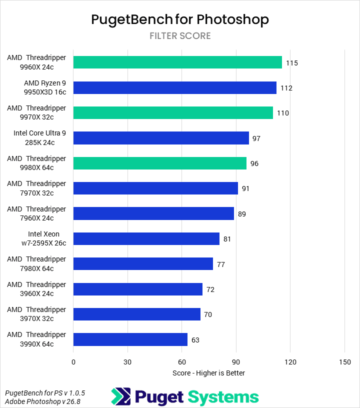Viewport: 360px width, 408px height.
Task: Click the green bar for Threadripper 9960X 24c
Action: pyautogui.click(x=177, y=62)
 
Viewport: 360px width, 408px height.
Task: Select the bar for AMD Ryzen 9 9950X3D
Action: pyautogui.click(x=174, y=88)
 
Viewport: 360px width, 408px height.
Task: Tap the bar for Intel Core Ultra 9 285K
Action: pyautogui.click(x=161, y=138)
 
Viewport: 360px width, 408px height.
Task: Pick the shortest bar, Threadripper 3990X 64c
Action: pyautogui.click(x=130, y=339)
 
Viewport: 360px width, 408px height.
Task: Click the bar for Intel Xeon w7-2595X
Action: pyautogui.click(x=146, y=239)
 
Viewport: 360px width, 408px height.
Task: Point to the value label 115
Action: pyautogui.click(x=292, y=63)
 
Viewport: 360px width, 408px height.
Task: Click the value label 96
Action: pyautogui.click(x=254, y=163)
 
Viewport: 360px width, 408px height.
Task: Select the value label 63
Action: pyautogui.click(x=195, y=340)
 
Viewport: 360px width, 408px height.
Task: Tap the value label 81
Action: pyautogui.click(x=227, y=239)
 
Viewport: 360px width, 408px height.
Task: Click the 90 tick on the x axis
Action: pyautogui.click(x=236, y=362)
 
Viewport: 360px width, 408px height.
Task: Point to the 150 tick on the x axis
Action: pyautogui.click(x=344, y=362)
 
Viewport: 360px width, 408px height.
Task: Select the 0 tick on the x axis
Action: pyautogui.click(x=73, y=362)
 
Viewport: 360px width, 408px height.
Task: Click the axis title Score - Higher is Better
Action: pyautogui.click(x=208, y=373)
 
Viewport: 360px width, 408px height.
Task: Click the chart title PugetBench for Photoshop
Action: pyautogui.click(x=180, y=19)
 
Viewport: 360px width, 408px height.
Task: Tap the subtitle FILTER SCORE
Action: pyautogui.click(x=180, y=36)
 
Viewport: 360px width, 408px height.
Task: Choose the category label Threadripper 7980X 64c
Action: pyautogui.click(x=36, y=264)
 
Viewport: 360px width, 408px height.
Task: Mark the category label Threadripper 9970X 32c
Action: pyautogui.click(x=36, y=113)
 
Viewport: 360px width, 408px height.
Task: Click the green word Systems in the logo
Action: pyautogui.click(x=223, y=397)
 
